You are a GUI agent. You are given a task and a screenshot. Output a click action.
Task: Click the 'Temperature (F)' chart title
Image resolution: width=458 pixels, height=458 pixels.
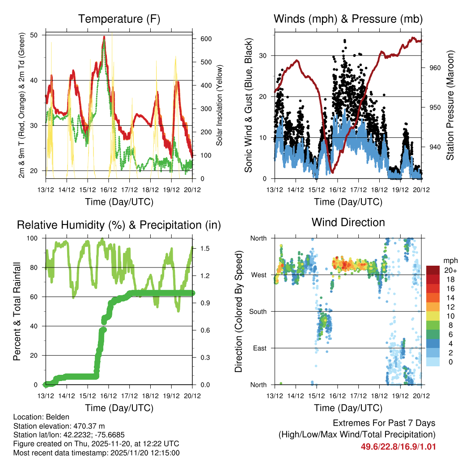coord(119,19)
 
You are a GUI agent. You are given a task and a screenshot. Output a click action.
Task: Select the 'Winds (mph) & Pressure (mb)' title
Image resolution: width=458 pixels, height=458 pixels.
coord(348,19)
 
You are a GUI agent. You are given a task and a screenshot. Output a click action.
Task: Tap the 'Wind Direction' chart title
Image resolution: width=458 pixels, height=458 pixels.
coord(348,222)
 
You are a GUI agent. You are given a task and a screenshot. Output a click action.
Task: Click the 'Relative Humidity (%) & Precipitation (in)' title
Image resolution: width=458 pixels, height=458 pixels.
coord(119,225)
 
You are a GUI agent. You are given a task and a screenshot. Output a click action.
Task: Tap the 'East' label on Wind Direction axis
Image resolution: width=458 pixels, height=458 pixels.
coord(259,348)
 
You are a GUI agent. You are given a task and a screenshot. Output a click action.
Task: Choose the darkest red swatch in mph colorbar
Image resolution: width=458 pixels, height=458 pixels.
coord(433,270)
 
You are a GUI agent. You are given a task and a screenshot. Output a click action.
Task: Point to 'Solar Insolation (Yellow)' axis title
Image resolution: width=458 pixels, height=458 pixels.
coord(220,106)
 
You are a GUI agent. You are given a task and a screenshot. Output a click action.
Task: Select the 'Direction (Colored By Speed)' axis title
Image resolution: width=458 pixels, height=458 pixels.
coord(238,312)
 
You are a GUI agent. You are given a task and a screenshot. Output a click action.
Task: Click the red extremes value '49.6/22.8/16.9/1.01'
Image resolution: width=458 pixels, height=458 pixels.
coord(398,447)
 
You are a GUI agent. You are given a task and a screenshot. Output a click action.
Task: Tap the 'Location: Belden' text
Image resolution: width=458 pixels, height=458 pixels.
coord(41,416)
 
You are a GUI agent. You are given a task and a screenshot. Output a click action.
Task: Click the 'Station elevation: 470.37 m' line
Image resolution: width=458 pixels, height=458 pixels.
coord(59,425)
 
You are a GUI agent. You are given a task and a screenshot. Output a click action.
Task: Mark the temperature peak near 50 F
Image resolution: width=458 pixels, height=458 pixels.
coord(104,37)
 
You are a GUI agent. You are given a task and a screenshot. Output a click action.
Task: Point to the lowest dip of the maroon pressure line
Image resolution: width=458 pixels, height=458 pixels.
coord(331,172)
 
